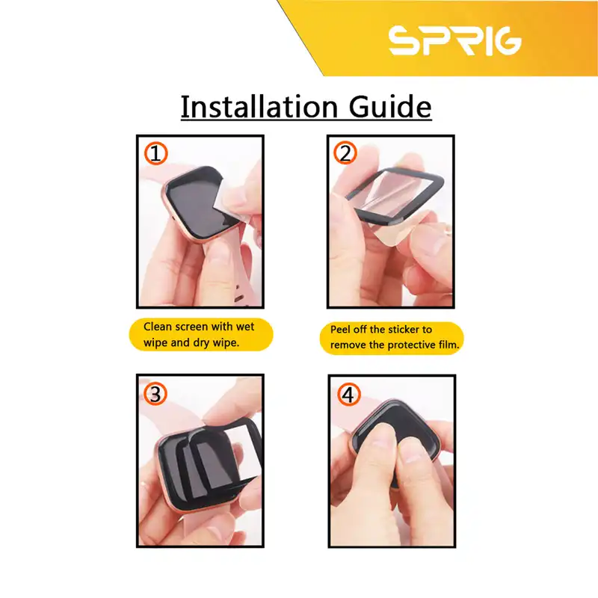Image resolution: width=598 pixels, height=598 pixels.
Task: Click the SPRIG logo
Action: [454, 40]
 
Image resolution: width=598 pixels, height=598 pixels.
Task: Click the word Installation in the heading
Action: [256, 106]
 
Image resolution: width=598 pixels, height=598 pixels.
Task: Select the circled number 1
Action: [155, 154]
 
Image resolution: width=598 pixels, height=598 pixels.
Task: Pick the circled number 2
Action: [345, 154]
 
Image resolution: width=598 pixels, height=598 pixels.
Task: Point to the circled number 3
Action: [155, 394]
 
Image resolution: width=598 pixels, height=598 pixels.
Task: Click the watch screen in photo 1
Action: [187, 209]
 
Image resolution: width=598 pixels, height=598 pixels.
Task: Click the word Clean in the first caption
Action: [159, 327]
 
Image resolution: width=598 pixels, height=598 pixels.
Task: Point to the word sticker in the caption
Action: [401, 330]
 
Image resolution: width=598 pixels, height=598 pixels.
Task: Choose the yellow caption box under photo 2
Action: [392, 337]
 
